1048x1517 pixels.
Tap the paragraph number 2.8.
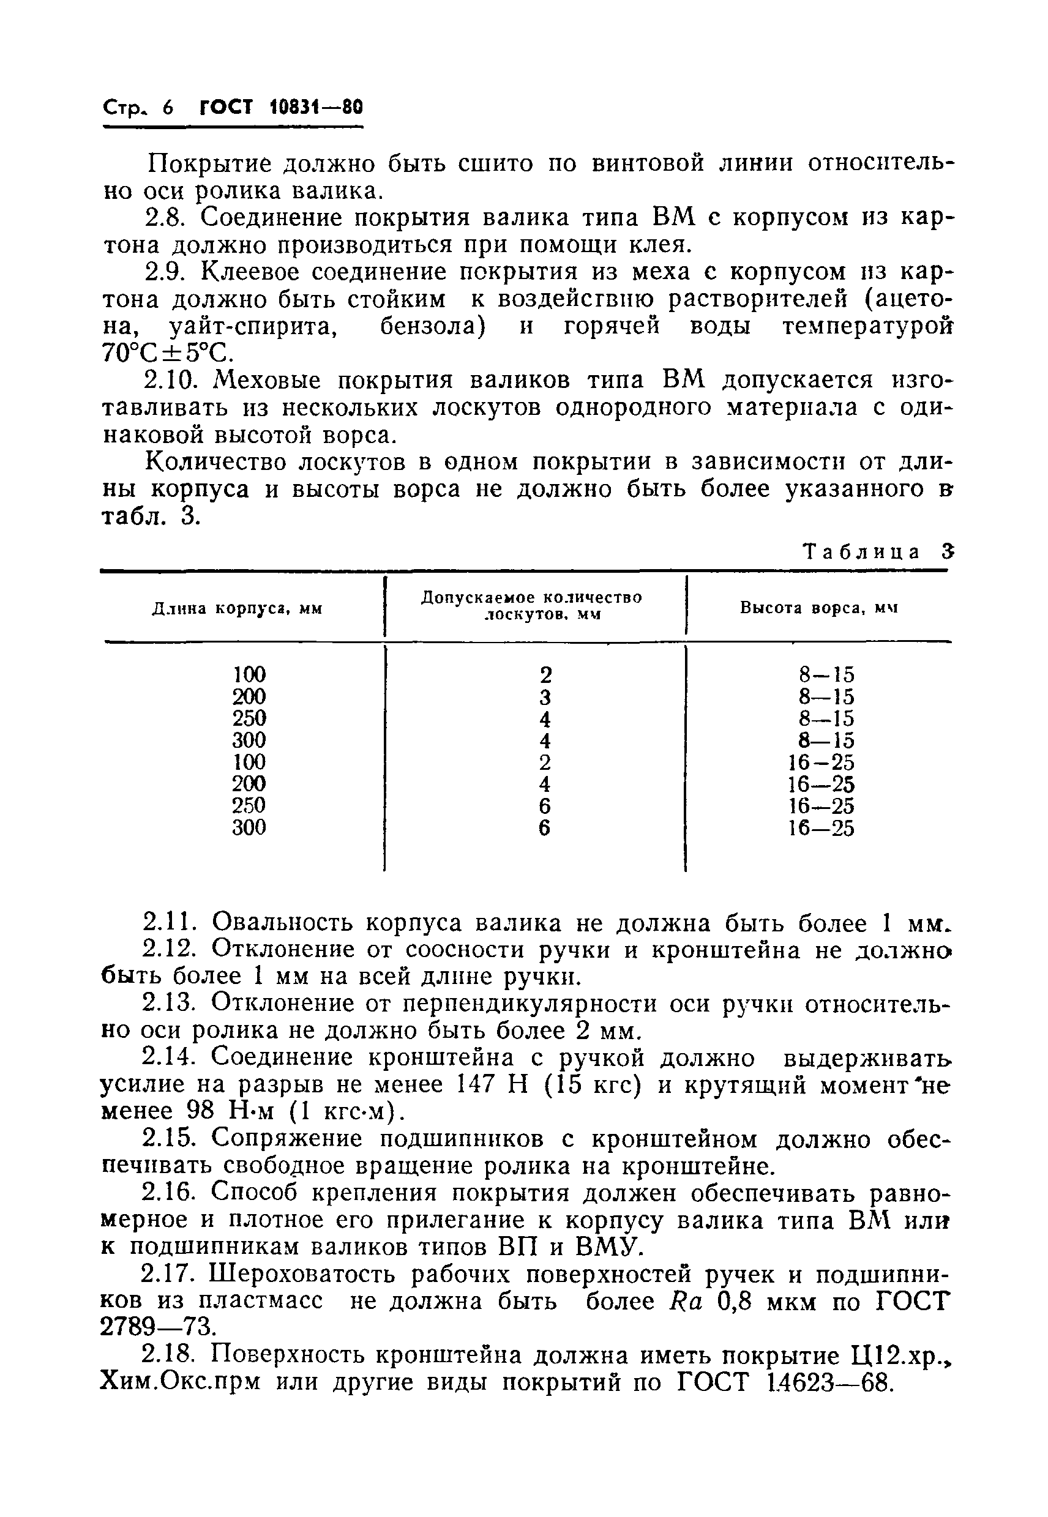click(x=166, y=217)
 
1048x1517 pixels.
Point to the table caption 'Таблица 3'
click(x=877, y=551)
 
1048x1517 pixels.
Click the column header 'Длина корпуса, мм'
click(x=237, y=608)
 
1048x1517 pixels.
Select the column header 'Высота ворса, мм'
click(x=818, y=608)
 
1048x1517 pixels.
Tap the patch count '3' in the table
click(x=544, y=696)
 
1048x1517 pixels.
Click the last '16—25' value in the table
click(x=822, y=829)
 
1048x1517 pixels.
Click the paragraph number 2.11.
click(x=170, y=923)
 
